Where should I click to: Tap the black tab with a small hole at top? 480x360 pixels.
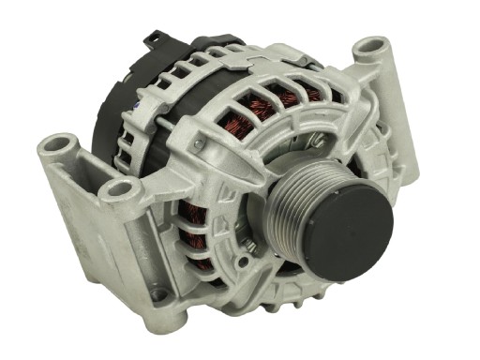[151, 38]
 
